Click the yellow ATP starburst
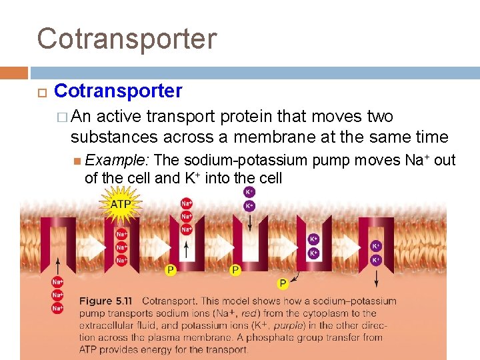coord(120,203)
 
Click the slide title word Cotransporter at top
coord(127,38)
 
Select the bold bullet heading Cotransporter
coord(118,91)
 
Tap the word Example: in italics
coord(117,161)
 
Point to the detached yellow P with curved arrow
coord(283,283)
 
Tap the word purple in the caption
coord(287,325)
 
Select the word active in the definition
coord(119,117)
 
